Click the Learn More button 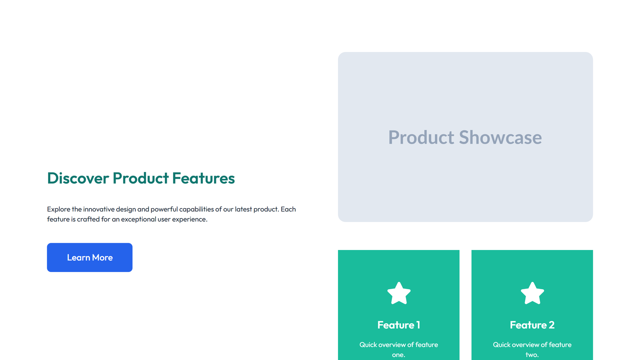click(x=90, y=258)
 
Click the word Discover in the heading click(x=78, y=178)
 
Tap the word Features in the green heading click(x=203, y=178)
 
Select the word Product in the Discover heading click(x=141, y=178)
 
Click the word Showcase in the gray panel click(x=500, y=138)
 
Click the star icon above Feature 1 click(x=399, y=293)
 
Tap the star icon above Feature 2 click(x=532, y=293)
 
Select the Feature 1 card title click(x=399, y=325)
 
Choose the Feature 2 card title click(x=532, y=325)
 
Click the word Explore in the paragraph click(x=58, y=209)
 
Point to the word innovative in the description click(x=99, y=209)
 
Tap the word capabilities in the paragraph click(x=196, y=209)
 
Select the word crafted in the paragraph click(x=88, y=219)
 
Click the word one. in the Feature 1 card click(x=398, y=355)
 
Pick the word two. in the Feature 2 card click(x=532, y=355)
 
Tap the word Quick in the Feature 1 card click(x=368, y=345)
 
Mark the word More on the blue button click(x=102, y=258)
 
